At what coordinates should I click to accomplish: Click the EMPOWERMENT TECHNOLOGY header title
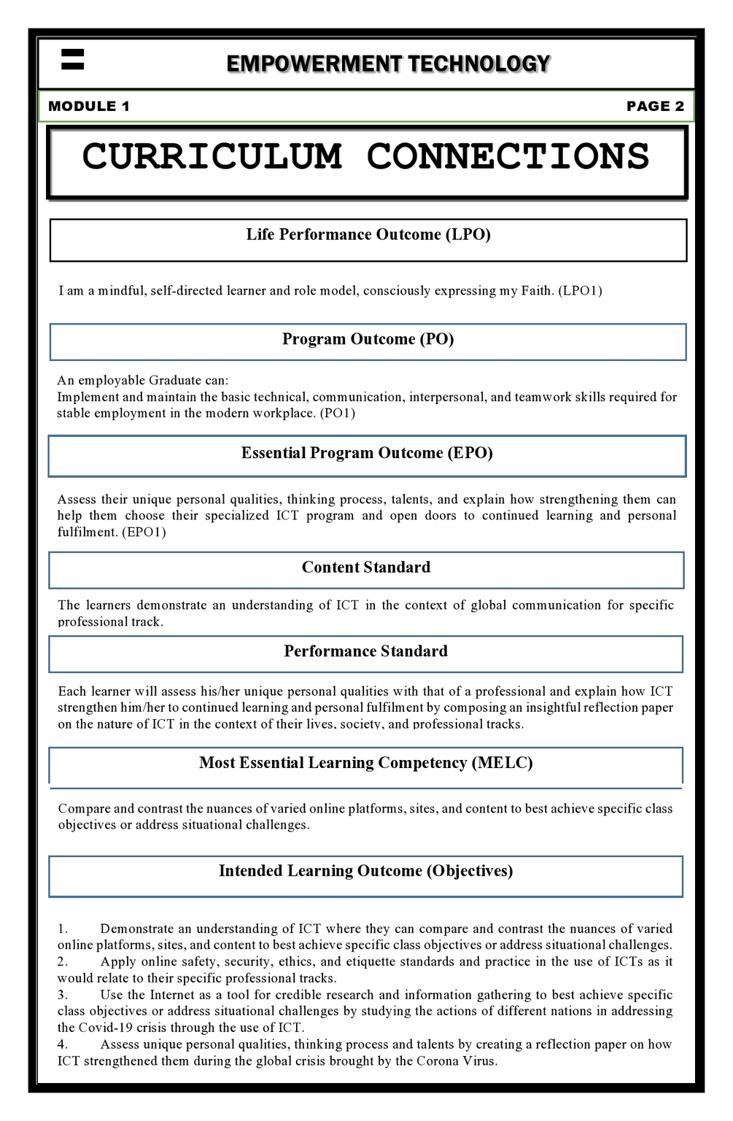(x=388, y=64)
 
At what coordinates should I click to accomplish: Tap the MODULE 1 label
(x=89, y=106)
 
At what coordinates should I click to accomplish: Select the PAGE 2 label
(x=655, y=106)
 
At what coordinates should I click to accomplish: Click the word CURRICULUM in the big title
(x=212, y=157)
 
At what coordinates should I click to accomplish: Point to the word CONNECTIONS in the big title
(x=508, y=157)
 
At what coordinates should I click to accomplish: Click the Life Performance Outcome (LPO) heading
(x=368, y=235)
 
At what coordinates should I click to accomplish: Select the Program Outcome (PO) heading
(x=368, y=340)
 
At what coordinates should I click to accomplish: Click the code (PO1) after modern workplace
(x=338, y=414)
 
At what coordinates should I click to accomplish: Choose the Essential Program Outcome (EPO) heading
(x=367, y=454)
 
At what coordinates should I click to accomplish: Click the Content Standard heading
(x=366, y=568)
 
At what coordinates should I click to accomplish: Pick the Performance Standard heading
(x=366, y=652)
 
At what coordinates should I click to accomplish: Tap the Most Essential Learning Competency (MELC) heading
(x=366, y=764)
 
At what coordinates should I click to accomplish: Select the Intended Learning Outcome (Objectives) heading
(x=366, y=872)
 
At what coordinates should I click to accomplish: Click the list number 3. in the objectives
(x=63, y=996)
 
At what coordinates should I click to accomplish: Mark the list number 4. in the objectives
(x=63, y=1045)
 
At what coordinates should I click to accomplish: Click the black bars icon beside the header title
(x=73, y=59)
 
